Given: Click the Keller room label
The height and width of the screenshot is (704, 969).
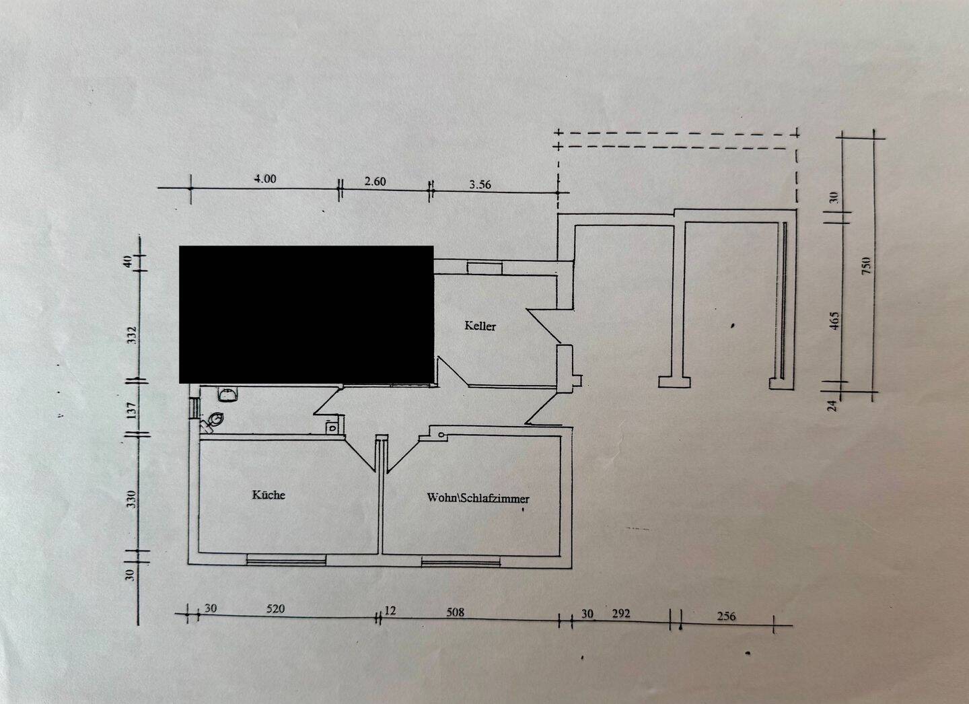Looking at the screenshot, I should tap(480, 326).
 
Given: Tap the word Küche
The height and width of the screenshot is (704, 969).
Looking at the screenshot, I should tap(268, 495).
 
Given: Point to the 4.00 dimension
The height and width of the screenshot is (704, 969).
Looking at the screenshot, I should tap(264, 179).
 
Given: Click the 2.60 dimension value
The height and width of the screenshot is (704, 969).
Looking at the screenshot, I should tap(375, 181).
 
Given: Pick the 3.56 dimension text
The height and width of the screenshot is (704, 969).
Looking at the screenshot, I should tap(480, 185).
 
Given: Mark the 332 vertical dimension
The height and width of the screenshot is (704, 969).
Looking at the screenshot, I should tap(132, 335).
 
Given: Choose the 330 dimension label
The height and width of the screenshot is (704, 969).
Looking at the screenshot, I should tap(132, 499).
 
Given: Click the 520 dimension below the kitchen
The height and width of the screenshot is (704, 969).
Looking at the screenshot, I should tap(275, 609).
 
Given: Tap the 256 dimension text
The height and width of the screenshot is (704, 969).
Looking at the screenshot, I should tap(726, 616).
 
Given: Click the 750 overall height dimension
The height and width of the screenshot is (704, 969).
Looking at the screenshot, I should tap(867, 265).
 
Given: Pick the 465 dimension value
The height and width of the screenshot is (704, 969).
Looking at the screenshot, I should tap(834, 319).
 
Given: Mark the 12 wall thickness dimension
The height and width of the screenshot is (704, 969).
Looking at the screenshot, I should tap(390, 611).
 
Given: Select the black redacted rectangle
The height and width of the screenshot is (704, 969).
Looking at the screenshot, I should tap(306, 314).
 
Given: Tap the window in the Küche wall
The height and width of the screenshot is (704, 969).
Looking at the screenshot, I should tap(286, 559).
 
